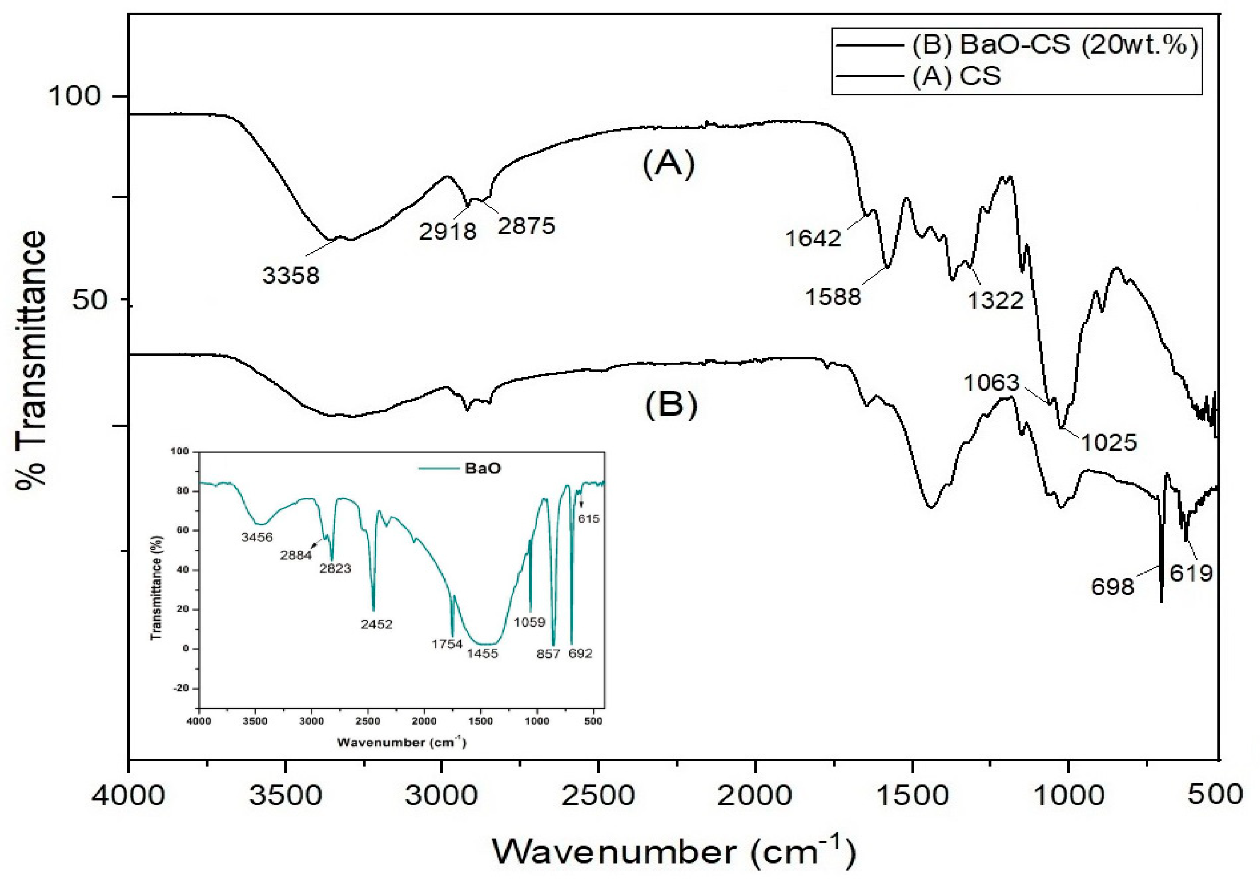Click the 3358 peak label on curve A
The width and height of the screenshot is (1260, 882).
click(x=291, y=275)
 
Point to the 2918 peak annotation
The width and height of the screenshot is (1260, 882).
click(x=448, y=232)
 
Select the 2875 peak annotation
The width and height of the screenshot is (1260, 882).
click(x=526, y=225)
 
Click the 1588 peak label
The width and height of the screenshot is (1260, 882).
click(x=833, y=297)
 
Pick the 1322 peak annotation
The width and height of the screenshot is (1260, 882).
click(x=995, y=300)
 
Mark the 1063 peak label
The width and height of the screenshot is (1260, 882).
click(x=992, y=383)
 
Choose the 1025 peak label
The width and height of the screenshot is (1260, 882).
click(x=1108, y=442)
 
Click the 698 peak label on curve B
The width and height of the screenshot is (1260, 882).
click(x=1112, y=587)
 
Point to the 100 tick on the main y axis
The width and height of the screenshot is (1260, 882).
click(x=75, y=97)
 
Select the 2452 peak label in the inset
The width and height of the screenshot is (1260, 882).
click(x=377, y=624)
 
